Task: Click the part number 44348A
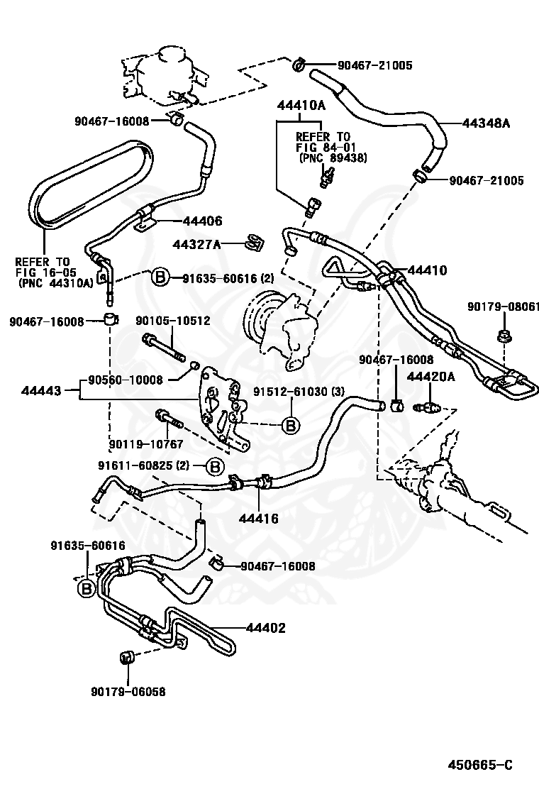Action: click(x=486, y=123)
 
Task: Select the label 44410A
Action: click(x=301, y=106)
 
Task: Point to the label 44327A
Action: click(x=196, y=244)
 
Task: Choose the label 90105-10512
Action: click(x=173, y=321)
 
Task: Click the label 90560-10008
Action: click(x=126, y=380)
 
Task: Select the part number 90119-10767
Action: click(x=146, y=444)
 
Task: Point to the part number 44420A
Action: click(x=431, y=376)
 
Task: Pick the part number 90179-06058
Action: click(x=128, y=691)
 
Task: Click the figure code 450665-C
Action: click(x=479, y=765)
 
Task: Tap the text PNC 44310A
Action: click(x=56, y=282)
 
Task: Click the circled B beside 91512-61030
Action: click(x=290, y=425)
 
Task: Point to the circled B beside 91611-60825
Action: click(x=215, y=465)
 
